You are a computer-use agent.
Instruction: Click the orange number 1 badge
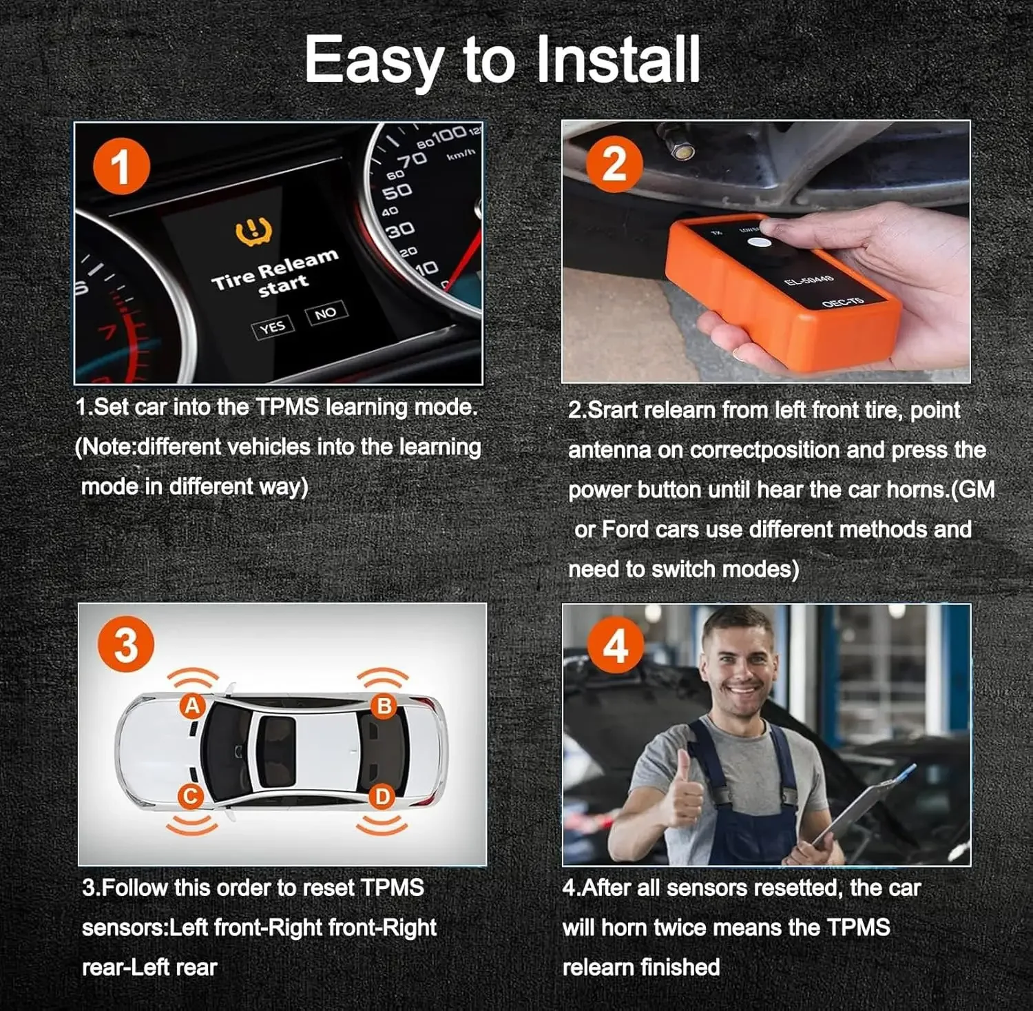click(x=121, y=166)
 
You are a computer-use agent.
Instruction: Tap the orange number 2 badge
click(x=614, y=164)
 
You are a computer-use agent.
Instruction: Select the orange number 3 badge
click(x=125, y=644)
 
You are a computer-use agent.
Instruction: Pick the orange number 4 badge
click(x=615, y=646)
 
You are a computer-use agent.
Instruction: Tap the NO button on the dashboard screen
click(x=326, y=314)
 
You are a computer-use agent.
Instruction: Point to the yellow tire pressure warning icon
click(x=253, y=232)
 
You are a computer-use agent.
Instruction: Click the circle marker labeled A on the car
click(x=192, y=706)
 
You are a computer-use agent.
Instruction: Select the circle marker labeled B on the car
click(x=384, y=706)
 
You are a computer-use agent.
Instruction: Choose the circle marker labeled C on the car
click(x=191, y=797)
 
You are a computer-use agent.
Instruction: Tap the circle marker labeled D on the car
click(x=382, y=797)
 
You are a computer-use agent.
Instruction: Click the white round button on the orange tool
click(x=760, y=243)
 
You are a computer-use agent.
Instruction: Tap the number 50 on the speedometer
click(x=397, y=191)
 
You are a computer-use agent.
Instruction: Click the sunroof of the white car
click(x=277, y=751)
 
